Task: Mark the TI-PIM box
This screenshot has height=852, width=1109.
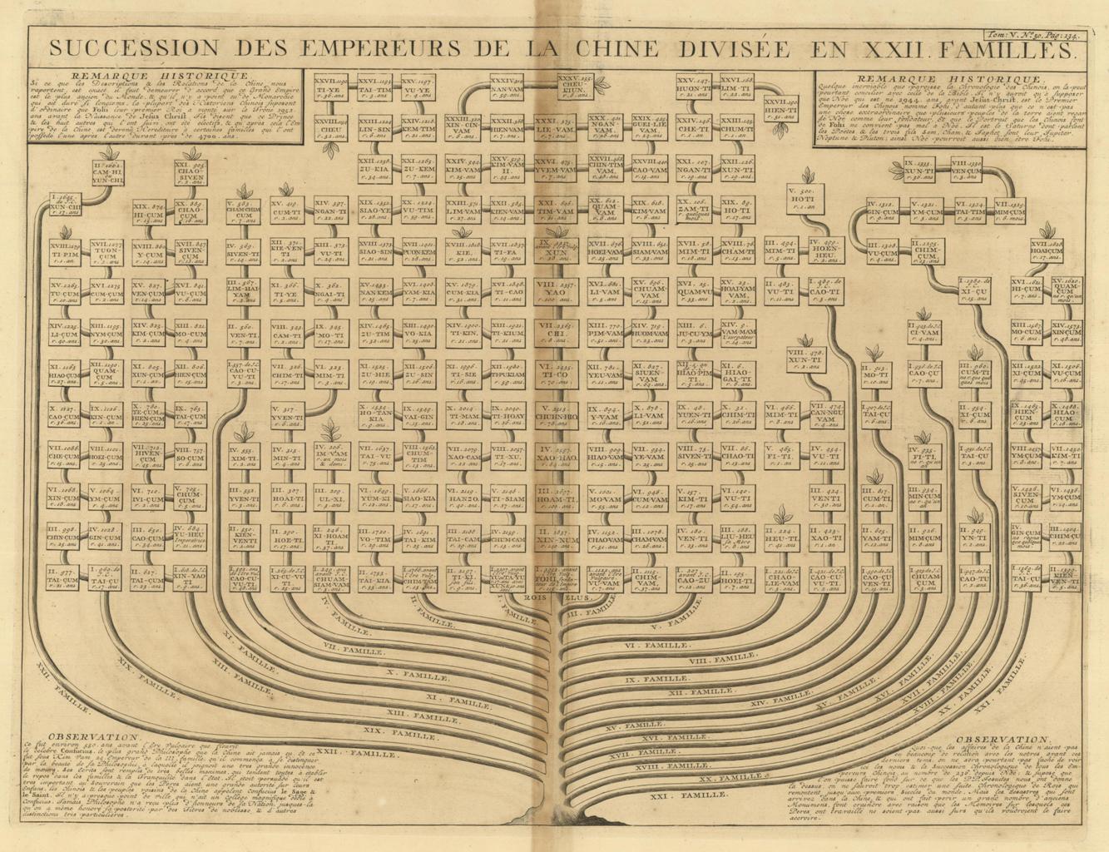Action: tap(64, 250)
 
